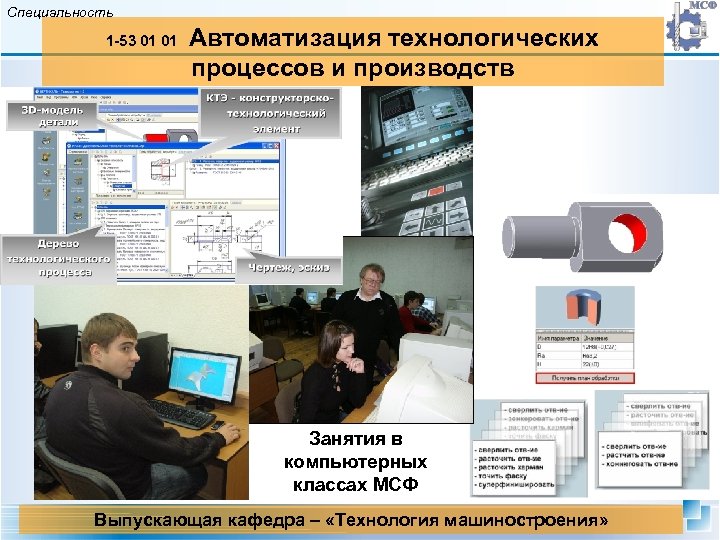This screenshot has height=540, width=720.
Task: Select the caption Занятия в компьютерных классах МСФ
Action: coord(355,463)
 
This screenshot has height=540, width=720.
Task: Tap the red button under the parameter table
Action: coord(585,378)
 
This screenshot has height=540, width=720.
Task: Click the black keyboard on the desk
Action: coord(180,411)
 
